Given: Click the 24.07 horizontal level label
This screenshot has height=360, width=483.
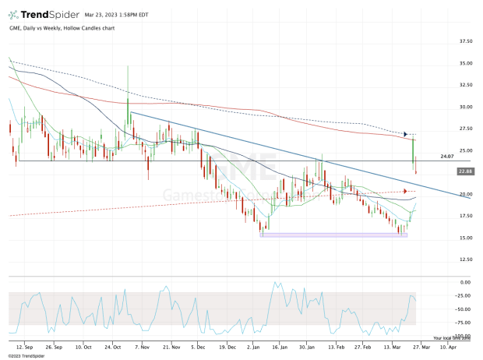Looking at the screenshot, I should [x=446, y=157].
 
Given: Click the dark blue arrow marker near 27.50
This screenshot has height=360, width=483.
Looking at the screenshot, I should [x=405, y=134].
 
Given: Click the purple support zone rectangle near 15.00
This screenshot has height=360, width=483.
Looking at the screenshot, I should [x=333, y=235].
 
